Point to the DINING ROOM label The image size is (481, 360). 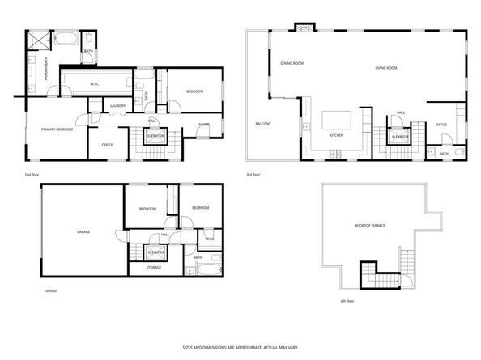tap(292, 63)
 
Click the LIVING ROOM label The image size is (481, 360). tap(386, 68)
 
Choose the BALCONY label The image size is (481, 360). tap(263, 124)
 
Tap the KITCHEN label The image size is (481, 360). tap(338, 135)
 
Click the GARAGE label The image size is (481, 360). tap(83, 232)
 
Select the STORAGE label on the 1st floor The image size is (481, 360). tap(154, 267)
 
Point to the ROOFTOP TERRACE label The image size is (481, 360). tap(369, 226)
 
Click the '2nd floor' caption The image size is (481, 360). tap(32, 175)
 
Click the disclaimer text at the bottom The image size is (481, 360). tap(240, 346)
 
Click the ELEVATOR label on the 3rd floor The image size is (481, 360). tap(399, 138)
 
